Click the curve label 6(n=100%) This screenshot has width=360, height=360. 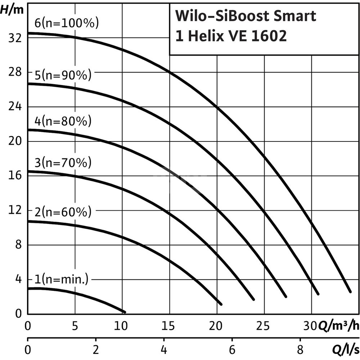pos(67,24)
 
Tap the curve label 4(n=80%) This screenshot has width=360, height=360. pos(63,121)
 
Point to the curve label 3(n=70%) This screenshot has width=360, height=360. pos(63,163)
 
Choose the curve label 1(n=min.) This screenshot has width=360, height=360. pos(62,279)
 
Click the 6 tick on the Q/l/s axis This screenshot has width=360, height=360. pos(232,349)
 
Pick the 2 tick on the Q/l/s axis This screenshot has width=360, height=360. pos(96,349)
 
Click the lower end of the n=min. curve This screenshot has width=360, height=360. pos(125,312)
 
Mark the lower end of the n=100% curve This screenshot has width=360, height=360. pos(350,291)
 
